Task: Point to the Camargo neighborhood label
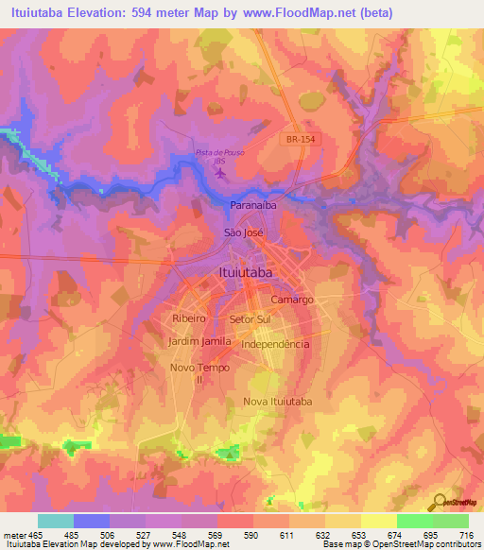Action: coord(291,299)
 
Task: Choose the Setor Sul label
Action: coord(250,319)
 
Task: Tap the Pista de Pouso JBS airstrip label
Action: coord(218,156)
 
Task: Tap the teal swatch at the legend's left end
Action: coord(56,521)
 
